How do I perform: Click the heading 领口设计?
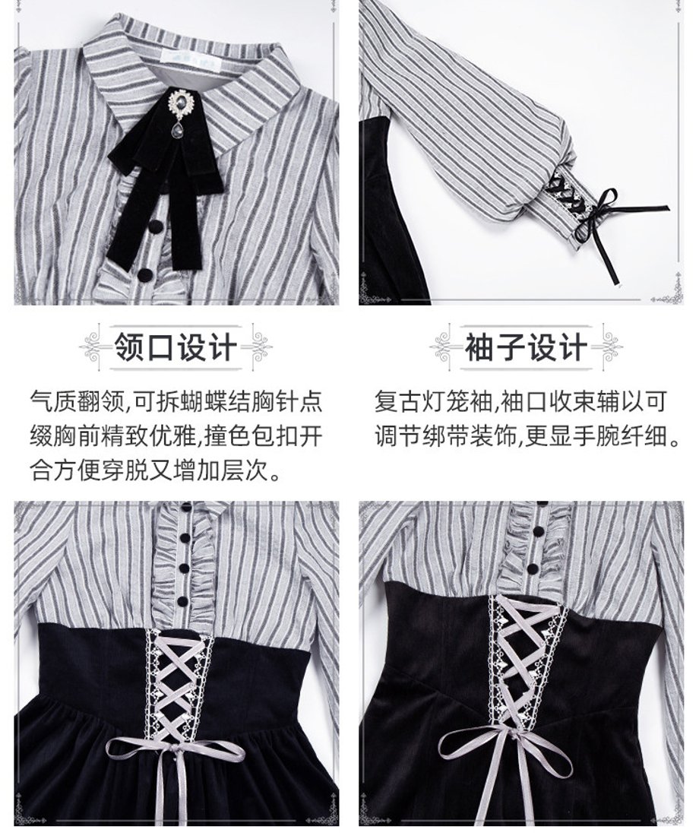pos(175,348)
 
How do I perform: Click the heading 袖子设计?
pos(526,348)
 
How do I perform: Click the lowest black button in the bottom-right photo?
pos(533,568)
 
